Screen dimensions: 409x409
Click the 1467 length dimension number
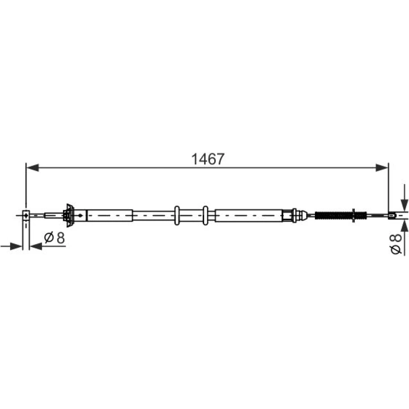click(208, 159)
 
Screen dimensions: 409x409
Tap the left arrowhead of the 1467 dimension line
click(33, 168)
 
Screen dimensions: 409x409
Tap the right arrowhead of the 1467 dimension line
click(382, 168)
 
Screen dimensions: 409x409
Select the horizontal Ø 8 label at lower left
click(54, 238)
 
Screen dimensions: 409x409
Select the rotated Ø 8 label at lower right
click(396, 244)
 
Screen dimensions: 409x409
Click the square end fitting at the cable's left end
click(26, 215)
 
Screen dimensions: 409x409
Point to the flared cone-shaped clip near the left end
click(69, 216)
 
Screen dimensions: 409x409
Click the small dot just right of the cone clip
click(80, 216)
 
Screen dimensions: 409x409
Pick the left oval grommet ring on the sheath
click(177, 216)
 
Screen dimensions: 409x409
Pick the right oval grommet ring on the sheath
click(206, 216)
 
